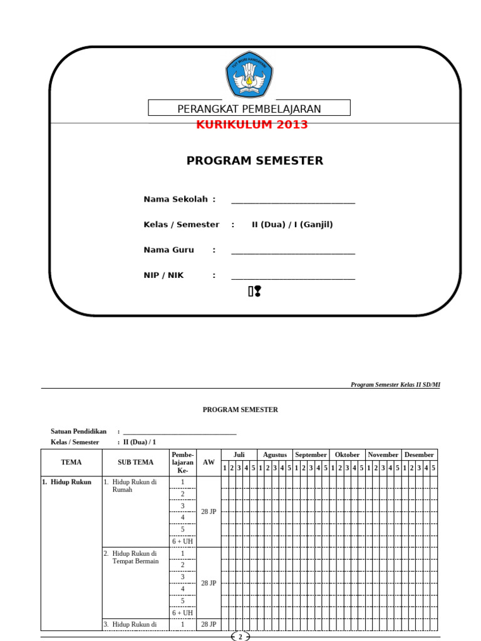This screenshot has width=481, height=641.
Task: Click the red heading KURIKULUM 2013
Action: [x=252, y=125]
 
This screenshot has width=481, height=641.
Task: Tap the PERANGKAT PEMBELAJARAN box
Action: [x=249, y=109]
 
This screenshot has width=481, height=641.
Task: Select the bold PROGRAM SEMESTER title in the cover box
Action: [x=255, y=161]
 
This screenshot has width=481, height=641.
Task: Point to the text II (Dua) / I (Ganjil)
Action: [x=292, y=225]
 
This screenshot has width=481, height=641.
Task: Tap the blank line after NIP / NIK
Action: [x=293, y=277]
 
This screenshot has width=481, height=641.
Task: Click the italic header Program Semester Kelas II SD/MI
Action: [x=395, y=385]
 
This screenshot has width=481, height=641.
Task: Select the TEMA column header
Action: [x=71, y=463]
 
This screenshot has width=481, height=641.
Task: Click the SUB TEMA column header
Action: [x=135, y=463]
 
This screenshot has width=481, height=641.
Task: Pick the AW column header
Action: [x=209, y=463]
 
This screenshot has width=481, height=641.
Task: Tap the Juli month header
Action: [x=239, y=455]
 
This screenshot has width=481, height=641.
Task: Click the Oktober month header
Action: [x=347, y=455]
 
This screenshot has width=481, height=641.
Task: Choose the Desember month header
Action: [x=419, y=455]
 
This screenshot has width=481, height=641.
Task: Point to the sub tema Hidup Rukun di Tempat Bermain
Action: [x=135, y=557]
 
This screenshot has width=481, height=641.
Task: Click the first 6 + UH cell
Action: [x=183, y=541]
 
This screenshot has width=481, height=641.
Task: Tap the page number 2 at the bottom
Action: [x=240, y=637]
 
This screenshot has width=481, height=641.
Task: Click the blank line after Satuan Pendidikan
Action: [x=180, y=431]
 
